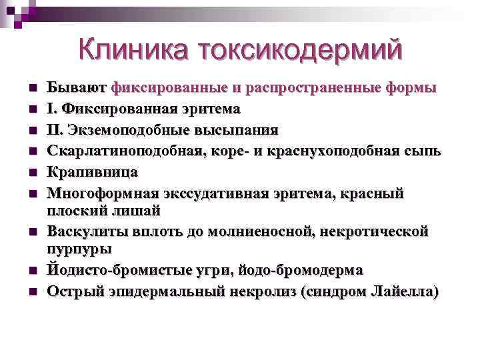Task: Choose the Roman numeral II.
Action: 55,129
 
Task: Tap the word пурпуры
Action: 79,248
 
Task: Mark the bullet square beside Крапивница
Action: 31,173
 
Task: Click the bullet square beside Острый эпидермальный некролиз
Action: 31,293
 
